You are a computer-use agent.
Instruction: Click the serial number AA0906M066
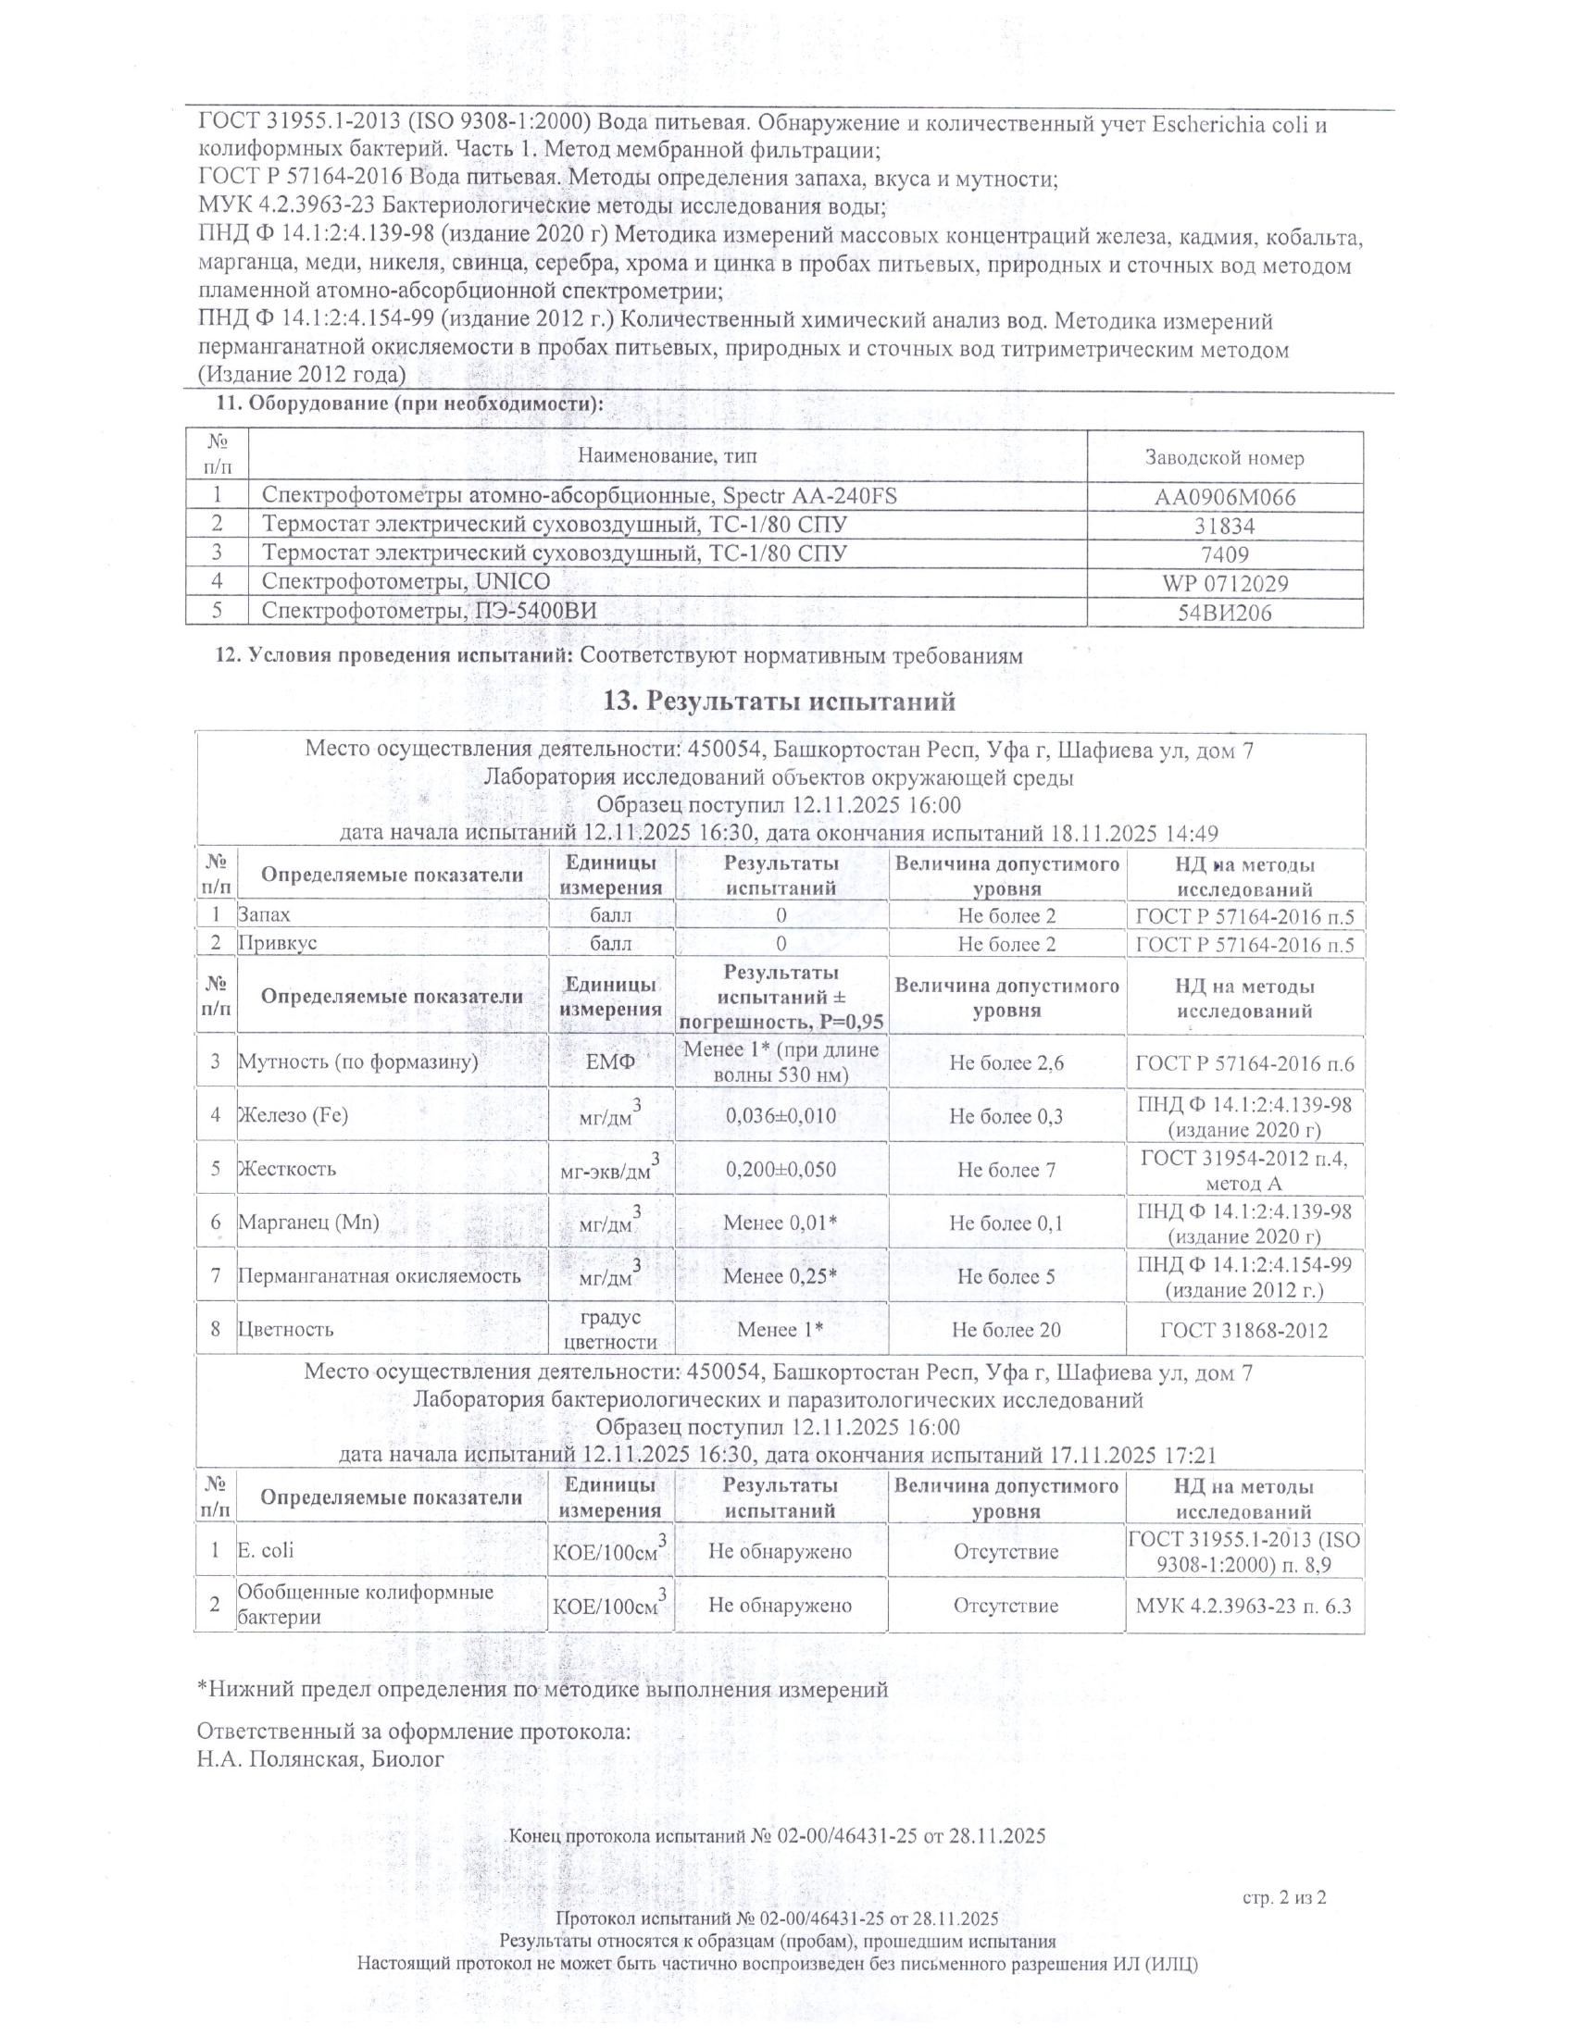coord(1224,497)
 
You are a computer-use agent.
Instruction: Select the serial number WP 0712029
coord(1224,585)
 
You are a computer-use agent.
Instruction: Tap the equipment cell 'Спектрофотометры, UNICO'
coord(406,583)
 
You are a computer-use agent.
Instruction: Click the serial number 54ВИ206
coord(1224,613)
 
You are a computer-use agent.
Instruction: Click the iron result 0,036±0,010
coord(781,1116)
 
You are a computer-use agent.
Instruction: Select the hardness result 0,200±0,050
coord(781,1170)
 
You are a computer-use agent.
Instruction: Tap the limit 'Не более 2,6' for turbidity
coord(1006,1061)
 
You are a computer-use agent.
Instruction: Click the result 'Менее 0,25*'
coord(781,1276)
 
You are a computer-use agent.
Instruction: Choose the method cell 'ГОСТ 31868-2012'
coord(1243,1330)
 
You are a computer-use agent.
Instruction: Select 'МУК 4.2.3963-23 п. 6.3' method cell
coord(1243,1606)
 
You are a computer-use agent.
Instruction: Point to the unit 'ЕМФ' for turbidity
coord(611,1061)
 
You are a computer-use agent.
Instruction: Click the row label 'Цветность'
coord(285,1329)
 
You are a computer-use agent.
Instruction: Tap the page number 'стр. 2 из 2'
coord(1284,1897)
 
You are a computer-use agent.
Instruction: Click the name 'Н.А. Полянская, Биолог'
coord(319,1759)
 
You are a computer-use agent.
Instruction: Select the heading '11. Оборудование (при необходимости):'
coord(410,404)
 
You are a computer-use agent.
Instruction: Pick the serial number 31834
coord(1224,527)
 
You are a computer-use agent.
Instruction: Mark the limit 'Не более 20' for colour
coord(1006,1330)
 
